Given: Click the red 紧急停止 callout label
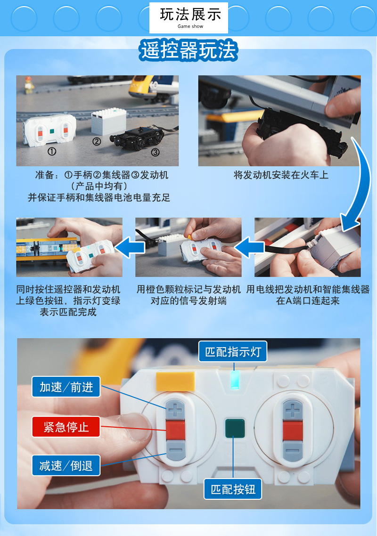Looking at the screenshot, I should click(x=66, y=427).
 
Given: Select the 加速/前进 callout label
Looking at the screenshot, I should click(x=66, y=387).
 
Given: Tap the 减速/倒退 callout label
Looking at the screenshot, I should click(x=66, y=466).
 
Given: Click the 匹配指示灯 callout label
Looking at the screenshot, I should click(x=233, y=351).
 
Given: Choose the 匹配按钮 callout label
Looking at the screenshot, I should click(x=233, y=489).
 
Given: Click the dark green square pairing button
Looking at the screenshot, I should click(x=234, y=427).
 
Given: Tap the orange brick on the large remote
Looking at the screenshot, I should click(x=175, y=381).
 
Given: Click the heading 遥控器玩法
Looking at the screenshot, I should click(x=188, y=50).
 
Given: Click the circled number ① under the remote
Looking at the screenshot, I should click(x=52, y=152).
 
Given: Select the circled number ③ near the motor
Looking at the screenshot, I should click(x=155, y=152).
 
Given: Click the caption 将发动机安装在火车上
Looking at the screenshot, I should click(x=281, y=175).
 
